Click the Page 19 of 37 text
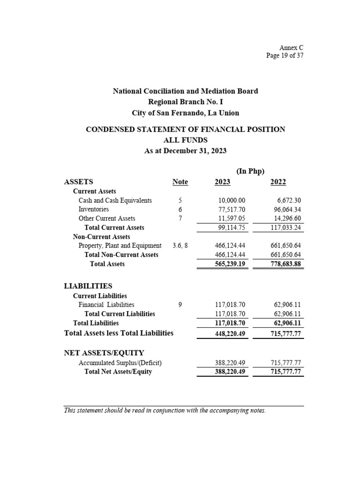tap(285, 56)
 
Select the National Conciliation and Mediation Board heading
tap(185, 91)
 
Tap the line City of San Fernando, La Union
tap(185, 113)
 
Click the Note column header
tap(180, 182)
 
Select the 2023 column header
tap(222, 182)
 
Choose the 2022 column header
tap(278, 182)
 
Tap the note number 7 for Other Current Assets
tap(180, 218)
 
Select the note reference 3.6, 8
tap(180, 246)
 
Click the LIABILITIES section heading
tap(88, 285)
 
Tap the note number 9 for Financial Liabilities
tap(180, 305)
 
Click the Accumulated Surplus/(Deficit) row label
tap(120, 363)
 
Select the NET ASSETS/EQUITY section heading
tap(104, 352)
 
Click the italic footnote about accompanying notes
tap(165, 411)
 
